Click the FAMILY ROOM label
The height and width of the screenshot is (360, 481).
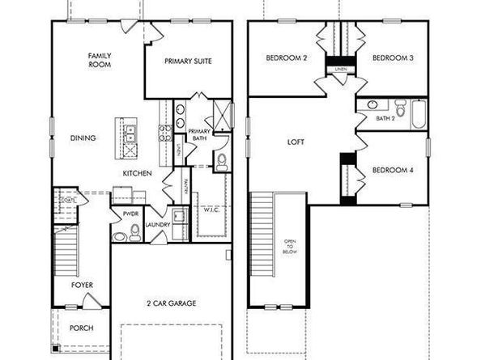pyautogui.click(x=100, y=60)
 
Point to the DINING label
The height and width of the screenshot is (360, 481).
pyautogui.click(x=83, y=138)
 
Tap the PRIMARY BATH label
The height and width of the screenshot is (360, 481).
pyautogui.click(x=198, y=135)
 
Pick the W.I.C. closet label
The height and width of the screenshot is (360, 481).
pyautogui.click(x=212, y=210)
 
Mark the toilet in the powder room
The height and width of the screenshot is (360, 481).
pyautogui.click(x=134, y=234)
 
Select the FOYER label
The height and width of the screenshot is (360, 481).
pyautogui.click(x=82, y=285)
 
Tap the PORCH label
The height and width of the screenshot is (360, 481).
pyautogui.click(x=82, y=328)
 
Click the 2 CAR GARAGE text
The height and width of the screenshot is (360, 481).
pyautogui.click(x=171, y=303)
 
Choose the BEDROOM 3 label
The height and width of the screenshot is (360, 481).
pyautogui.click(x=393, y=57)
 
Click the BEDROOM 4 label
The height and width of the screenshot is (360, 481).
pyautogui.click(x=392, y=170)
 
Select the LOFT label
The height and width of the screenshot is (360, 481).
pyautogui.click(x=296, y=142)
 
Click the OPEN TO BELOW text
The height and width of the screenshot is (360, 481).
pyautogui.click(x=289, y=247)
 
